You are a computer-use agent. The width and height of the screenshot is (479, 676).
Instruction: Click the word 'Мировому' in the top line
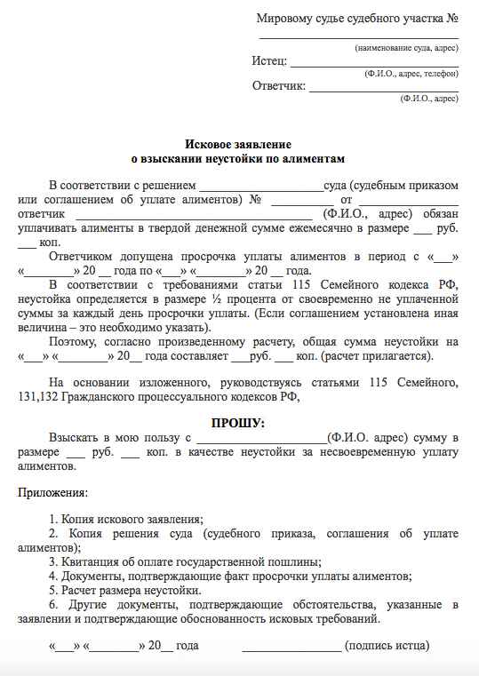pos(283,18)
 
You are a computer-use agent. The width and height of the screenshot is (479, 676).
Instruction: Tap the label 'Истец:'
pos(269,61)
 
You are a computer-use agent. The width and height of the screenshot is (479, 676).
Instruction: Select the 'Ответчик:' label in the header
pos(279,86)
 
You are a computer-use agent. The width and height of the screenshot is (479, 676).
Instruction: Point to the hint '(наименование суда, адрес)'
pos(406,46)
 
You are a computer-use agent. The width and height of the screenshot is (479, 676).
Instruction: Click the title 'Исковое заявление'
pos(237,144)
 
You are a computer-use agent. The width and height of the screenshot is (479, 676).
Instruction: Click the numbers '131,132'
pos(37,397)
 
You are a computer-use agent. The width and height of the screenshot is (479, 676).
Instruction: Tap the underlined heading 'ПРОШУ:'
pos(237,423)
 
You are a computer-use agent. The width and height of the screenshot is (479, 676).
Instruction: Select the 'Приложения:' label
pos(52,492)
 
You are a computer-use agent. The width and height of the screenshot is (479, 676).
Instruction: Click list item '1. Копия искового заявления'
pos(126,519)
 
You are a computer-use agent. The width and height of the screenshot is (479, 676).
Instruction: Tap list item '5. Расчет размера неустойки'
pos(125,590)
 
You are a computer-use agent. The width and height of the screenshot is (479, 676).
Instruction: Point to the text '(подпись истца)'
pos(387,646)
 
